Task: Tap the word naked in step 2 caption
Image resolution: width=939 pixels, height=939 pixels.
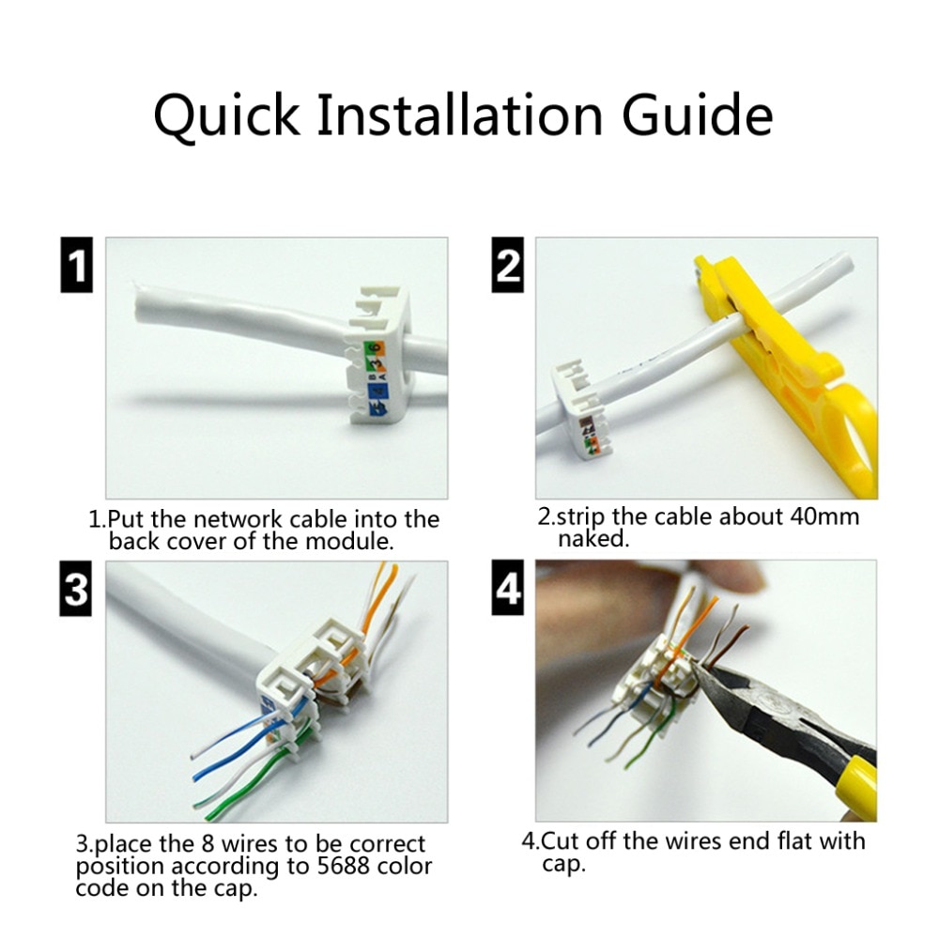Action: (x=593, y=539)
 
